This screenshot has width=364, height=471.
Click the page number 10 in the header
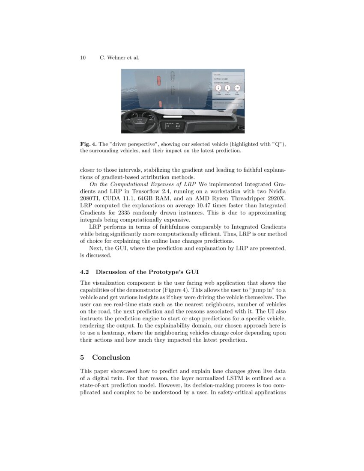pos(83,58)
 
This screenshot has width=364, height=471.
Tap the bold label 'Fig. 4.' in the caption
pos(88,144)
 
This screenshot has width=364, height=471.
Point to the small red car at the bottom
pos(160,104)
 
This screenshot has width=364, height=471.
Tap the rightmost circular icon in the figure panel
pos(237,88)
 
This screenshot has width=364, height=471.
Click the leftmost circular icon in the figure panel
pos(218,88)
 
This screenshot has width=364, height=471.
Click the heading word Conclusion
pos(111,358)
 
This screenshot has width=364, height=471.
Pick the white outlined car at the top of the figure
pos(172,75)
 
